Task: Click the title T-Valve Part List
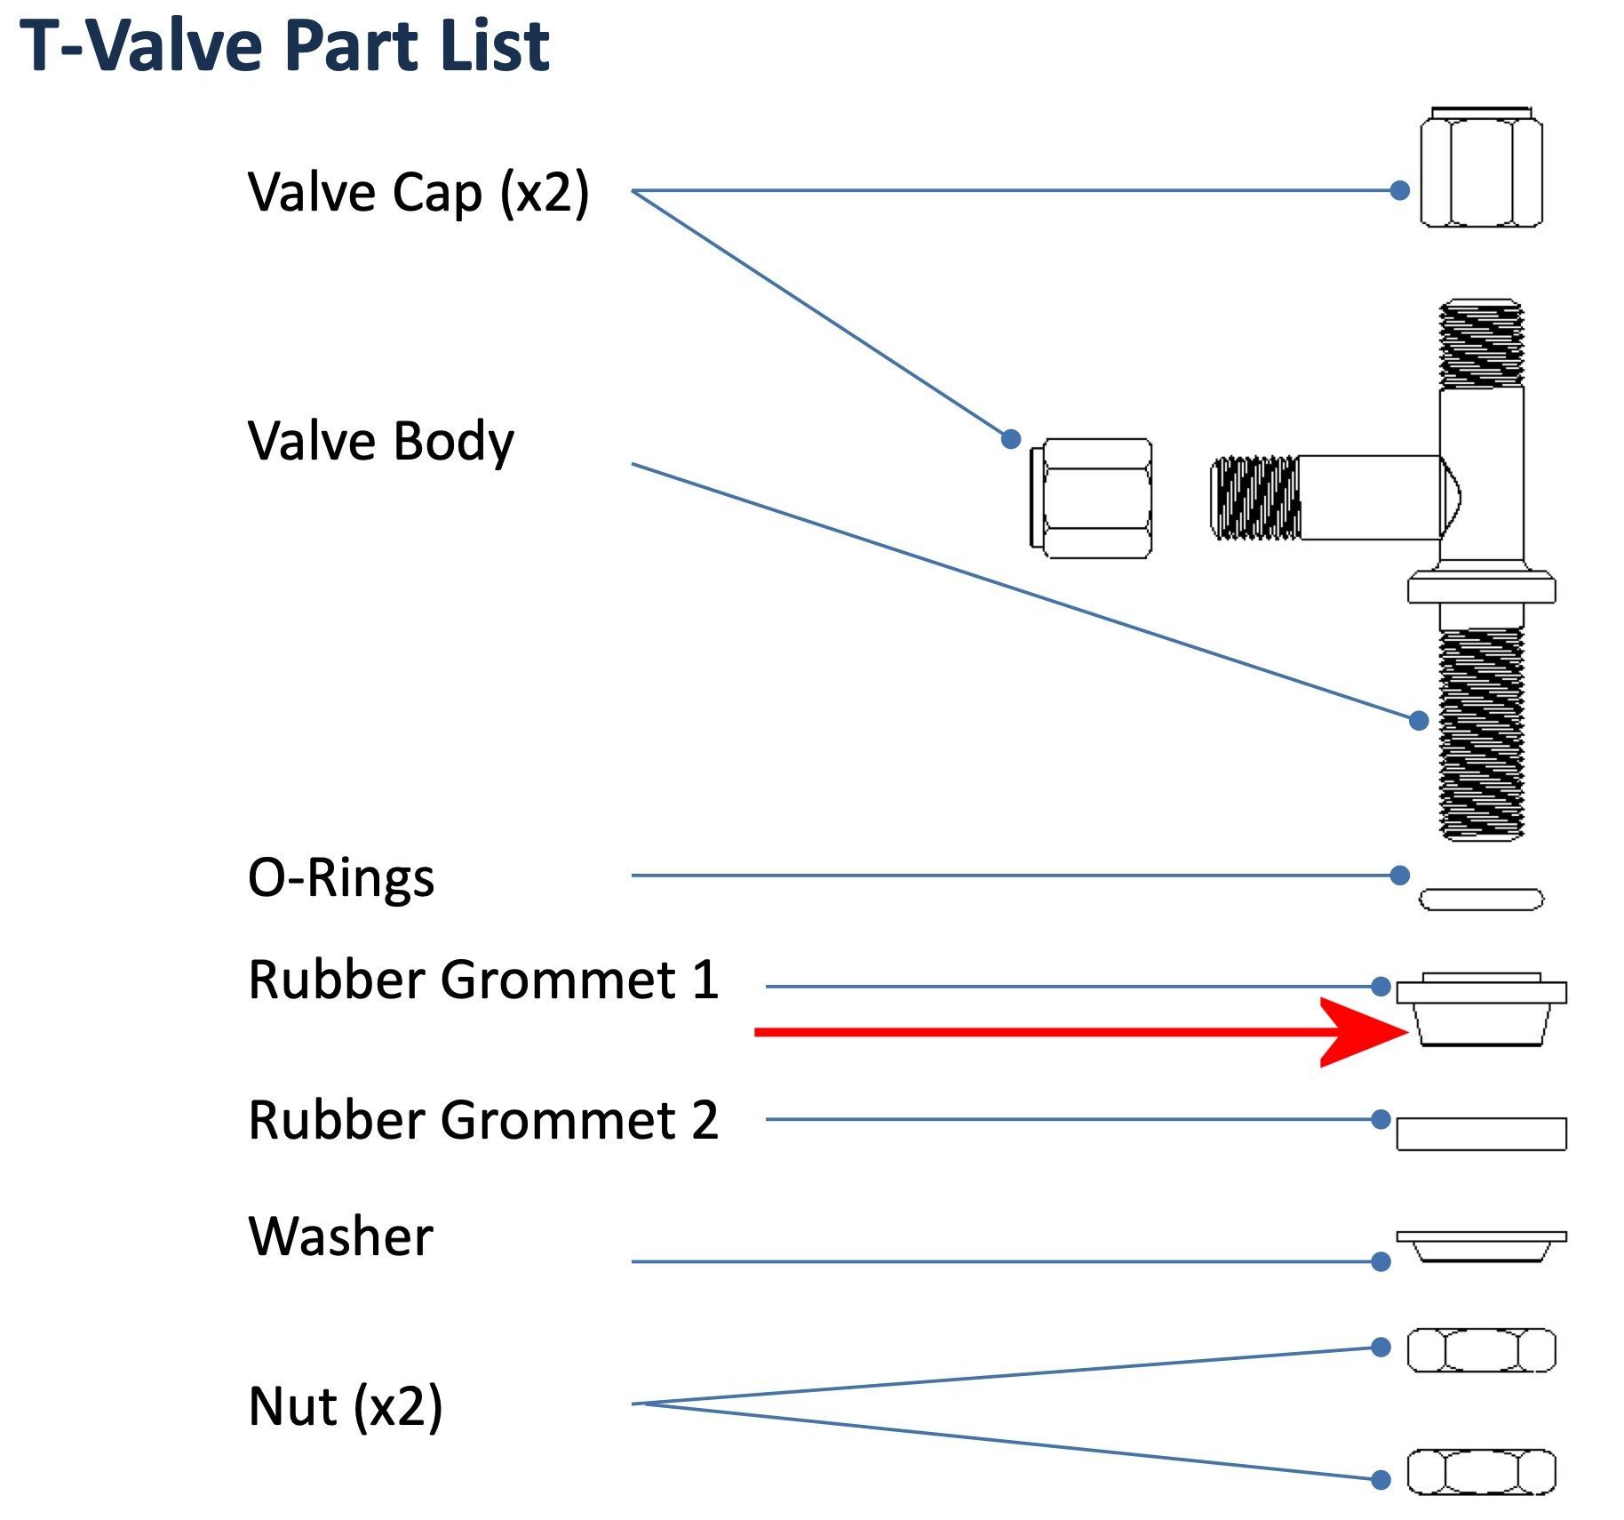point(284,46)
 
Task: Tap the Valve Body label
point(380,441)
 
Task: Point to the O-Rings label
point(341,878)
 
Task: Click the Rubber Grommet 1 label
point(483,980)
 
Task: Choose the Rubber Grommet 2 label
point(483,1120)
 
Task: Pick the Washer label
point(341,1236)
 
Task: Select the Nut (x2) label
point(345,1406)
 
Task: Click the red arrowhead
point(1364,1032)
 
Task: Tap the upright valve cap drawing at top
point(1481,168)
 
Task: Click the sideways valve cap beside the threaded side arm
point(1091,499)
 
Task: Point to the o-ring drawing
point(1481,900)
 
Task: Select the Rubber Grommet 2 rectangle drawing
point(1481,1133)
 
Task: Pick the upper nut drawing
point(1481,1350)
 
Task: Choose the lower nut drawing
point(1481,1472)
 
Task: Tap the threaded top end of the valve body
point(1481,344)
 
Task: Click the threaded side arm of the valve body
point(1255,498)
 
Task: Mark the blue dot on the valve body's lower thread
point(1419,720)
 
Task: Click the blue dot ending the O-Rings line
point(1399,876)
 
